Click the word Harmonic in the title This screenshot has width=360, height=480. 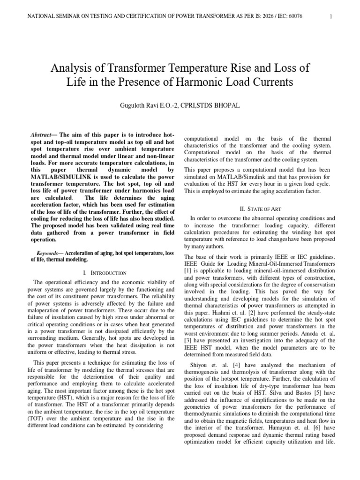coord(207,82)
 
